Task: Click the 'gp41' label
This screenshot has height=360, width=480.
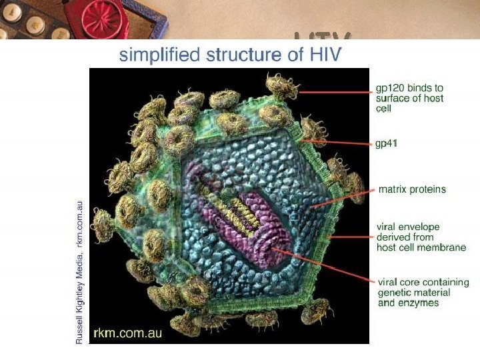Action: pyautogui.click(x=387, y=143)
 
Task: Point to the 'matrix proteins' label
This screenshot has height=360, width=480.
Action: pyautogui.click(x=412, y=189)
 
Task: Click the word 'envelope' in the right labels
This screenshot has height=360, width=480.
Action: pyautogui.click(x=419, y=227)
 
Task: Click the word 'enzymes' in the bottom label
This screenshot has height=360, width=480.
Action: pyautogui.click(x=421, y=303)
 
